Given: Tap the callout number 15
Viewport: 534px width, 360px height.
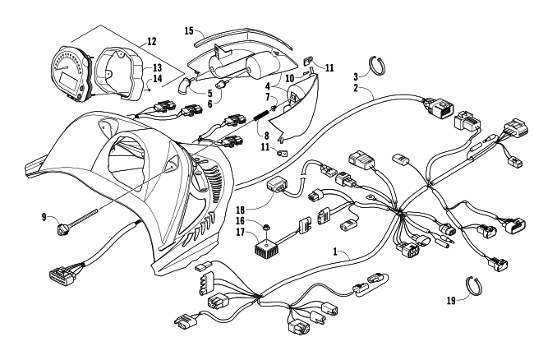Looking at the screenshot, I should pyautogui.click(x=188, y=31).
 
